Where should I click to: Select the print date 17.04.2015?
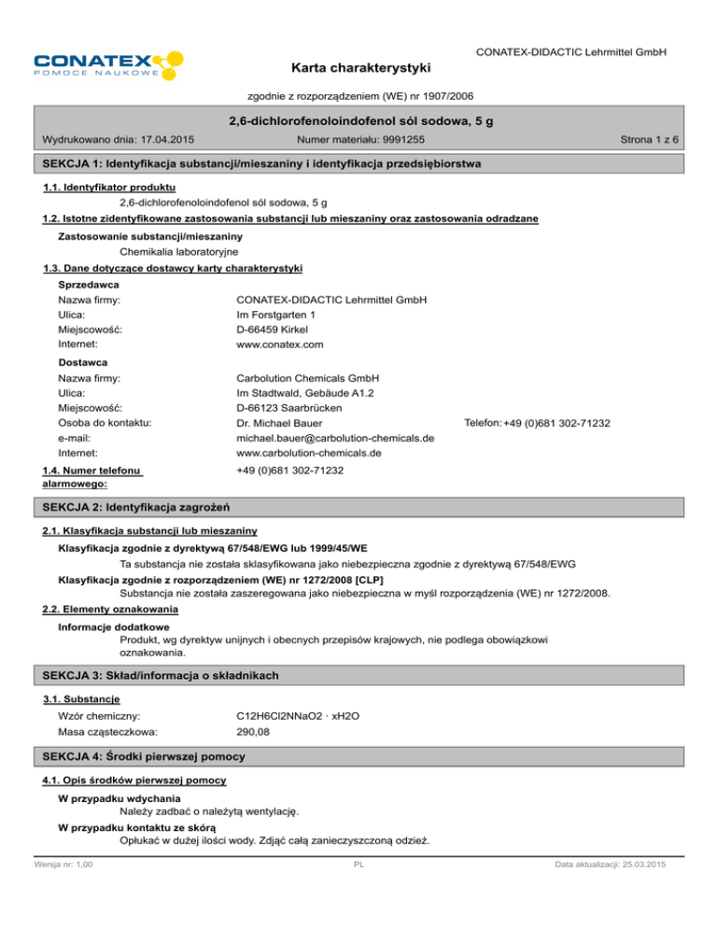click(164, 140)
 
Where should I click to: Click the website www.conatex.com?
click(280, 344)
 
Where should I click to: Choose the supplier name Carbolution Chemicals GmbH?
click(308, 378)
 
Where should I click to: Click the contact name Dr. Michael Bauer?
click(280, 424)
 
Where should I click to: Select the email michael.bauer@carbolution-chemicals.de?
click(335, 439)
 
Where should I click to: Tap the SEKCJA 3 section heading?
click(167, 674)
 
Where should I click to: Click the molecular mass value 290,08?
click(253, 733)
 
